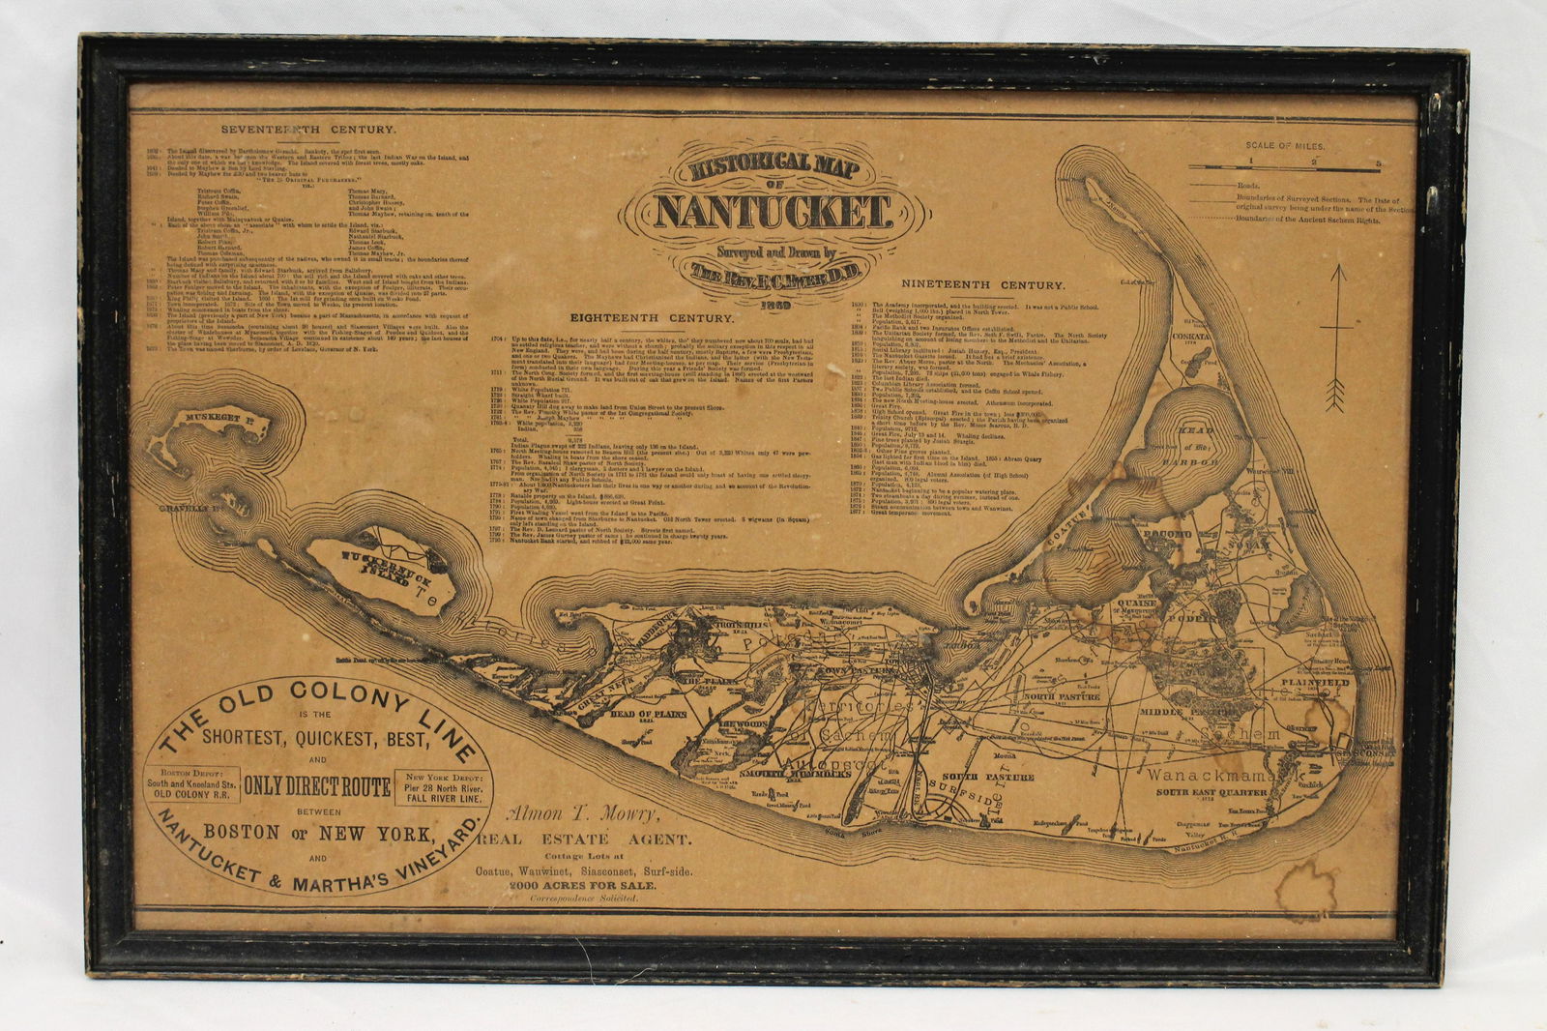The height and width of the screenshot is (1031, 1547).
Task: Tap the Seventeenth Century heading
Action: pos(294,129)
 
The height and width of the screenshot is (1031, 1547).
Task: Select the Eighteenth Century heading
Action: pos(652,317)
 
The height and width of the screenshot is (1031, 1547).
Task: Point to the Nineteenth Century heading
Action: pos(984,285)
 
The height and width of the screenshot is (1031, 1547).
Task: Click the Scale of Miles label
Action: pos(1285,145)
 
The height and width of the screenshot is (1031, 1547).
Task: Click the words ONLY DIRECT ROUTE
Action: pos(317,786)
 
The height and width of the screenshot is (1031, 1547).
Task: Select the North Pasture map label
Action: pos(1062,696)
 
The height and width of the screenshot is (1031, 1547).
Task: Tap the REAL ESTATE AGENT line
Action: pos(583,840)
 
